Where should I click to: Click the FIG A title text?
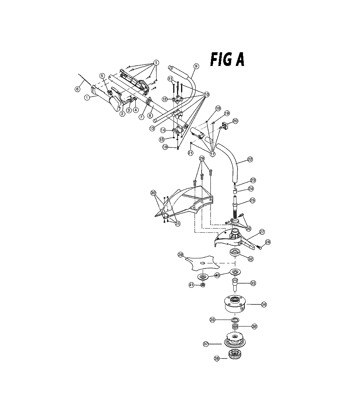[227, 60]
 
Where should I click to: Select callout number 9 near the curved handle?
[196, 66]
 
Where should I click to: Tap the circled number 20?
[235, 121]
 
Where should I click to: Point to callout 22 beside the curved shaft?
[250, 159]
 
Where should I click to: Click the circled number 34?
[264, 304]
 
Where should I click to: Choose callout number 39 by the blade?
[181, 255]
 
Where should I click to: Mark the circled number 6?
[77, 89]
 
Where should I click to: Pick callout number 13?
[152, 128]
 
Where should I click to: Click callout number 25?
[252, 200]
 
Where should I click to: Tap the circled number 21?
[190, 153]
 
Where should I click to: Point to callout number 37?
[206, 344]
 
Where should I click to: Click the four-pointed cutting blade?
[202, 263]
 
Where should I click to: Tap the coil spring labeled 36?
[235, 326]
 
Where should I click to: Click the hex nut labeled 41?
[202, 284]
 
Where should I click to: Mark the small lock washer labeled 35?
[235, 320]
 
